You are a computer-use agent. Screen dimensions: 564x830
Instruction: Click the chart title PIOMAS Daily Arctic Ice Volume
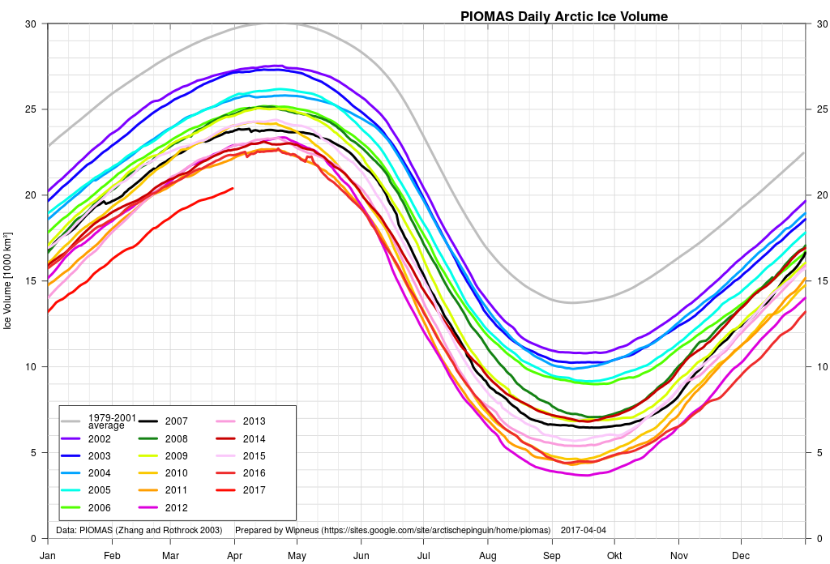tap(564, 16)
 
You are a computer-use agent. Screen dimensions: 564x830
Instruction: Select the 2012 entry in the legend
tap(176, 508)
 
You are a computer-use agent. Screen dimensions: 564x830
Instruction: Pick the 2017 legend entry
tap(254, 490)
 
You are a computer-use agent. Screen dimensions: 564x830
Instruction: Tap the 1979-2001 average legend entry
tap(106, 421)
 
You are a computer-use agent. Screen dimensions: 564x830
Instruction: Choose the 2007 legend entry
tap(176, 421)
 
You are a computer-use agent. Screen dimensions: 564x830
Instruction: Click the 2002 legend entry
tap(99, 438)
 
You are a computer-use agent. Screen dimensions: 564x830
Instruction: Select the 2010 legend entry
tap(176, 473)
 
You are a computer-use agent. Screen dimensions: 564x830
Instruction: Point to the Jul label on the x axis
tap(423, 556)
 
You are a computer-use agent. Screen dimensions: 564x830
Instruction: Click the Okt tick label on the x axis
tap(615, 556)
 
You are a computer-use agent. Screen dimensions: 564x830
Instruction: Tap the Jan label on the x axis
tap(48, 556)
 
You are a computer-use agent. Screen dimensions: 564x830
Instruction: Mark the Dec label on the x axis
tap(740, 556)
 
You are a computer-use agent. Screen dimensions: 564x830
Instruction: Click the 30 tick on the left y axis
tap(30, 23)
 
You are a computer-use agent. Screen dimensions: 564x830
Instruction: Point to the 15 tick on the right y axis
tap(819, 281)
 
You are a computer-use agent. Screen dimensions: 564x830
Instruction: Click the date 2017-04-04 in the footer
tap(583, 531)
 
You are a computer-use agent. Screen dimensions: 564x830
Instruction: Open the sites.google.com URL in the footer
tap(436, 531)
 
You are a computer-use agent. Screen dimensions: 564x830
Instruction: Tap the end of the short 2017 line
tap(233, 189)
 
